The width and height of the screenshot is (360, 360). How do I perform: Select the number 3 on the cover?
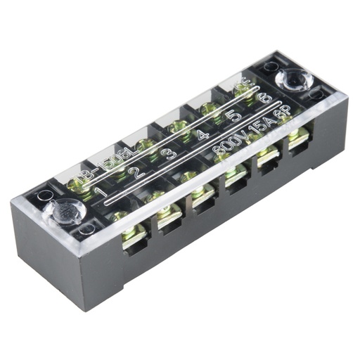(x=171, y=151)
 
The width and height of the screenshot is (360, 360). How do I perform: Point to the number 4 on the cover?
(x=202, y=134)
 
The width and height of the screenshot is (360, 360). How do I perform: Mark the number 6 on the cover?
(x=265, y=98)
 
